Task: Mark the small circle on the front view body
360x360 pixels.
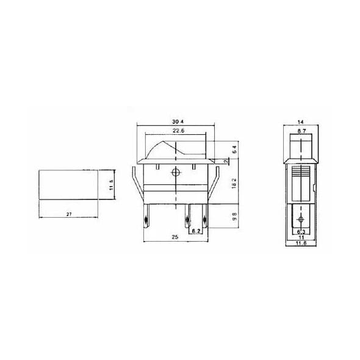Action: tap(176, 173)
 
